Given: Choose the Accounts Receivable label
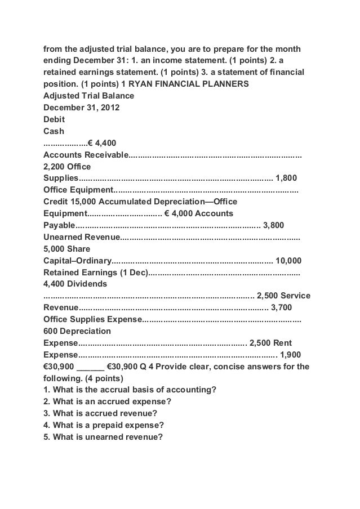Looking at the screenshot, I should point(86,155).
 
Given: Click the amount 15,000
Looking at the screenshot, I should point(85,202).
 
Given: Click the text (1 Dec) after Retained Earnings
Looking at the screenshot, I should point(134,273).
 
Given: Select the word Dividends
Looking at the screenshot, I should point(86,284).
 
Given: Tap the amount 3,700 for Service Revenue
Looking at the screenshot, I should point(282,307).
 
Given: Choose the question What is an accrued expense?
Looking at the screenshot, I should point(107,402).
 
